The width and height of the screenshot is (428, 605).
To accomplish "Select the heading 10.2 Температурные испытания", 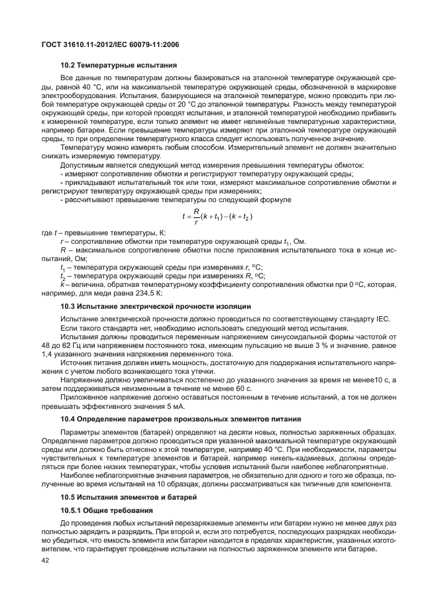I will point(118,66).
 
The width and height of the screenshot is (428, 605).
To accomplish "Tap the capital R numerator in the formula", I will point(195,211).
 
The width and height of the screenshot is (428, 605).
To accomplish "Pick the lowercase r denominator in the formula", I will point(195,222).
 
